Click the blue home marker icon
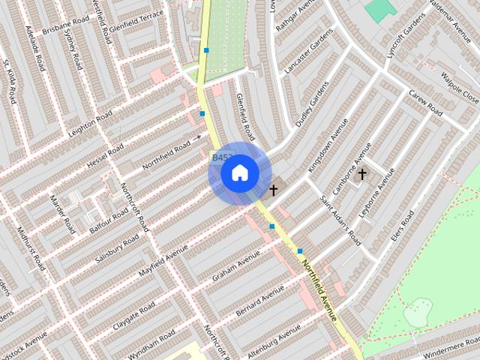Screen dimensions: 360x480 pyautogui.click(x=239, y=173)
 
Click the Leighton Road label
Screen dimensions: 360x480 pyautogui.click(x=89, y=120)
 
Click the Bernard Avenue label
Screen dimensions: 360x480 pyautogui.click(x=259, y=300)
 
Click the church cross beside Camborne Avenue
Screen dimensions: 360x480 pyautogui.click(x=362, y=175)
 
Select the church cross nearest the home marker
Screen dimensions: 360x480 pyautogui.click(x=274, y=190)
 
